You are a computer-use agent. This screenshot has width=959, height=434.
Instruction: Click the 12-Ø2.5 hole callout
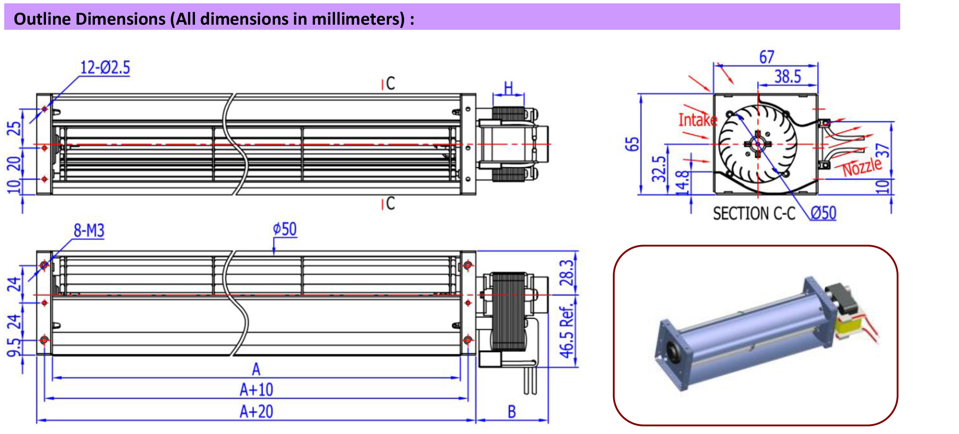(105, 67)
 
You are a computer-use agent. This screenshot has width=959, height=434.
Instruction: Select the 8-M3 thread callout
(89, 230)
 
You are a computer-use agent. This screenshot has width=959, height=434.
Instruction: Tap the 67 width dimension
(766, 57)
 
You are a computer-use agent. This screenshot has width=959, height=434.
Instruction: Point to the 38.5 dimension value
(787, 77)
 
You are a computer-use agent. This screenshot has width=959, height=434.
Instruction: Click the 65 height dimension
(632, 144)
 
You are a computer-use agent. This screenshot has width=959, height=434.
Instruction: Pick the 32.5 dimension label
(658, 168)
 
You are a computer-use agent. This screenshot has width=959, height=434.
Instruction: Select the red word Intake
(697, 120)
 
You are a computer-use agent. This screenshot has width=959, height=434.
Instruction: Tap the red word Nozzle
(862, 167)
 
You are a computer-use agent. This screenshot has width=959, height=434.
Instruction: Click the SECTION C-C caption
(754, 213)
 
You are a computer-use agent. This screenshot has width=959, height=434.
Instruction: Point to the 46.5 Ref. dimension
(567, 332)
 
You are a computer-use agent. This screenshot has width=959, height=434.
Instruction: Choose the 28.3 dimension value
(567, 273)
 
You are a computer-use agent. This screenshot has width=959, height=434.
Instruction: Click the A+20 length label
(256, 411)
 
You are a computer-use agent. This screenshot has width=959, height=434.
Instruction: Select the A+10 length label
(256, 389)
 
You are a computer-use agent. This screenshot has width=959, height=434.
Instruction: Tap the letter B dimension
(512, 412)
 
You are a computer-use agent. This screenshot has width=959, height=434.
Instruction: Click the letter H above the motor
(508, 88)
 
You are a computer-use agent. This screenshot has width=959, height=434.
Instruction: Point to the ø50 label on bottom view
(284, 229)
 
